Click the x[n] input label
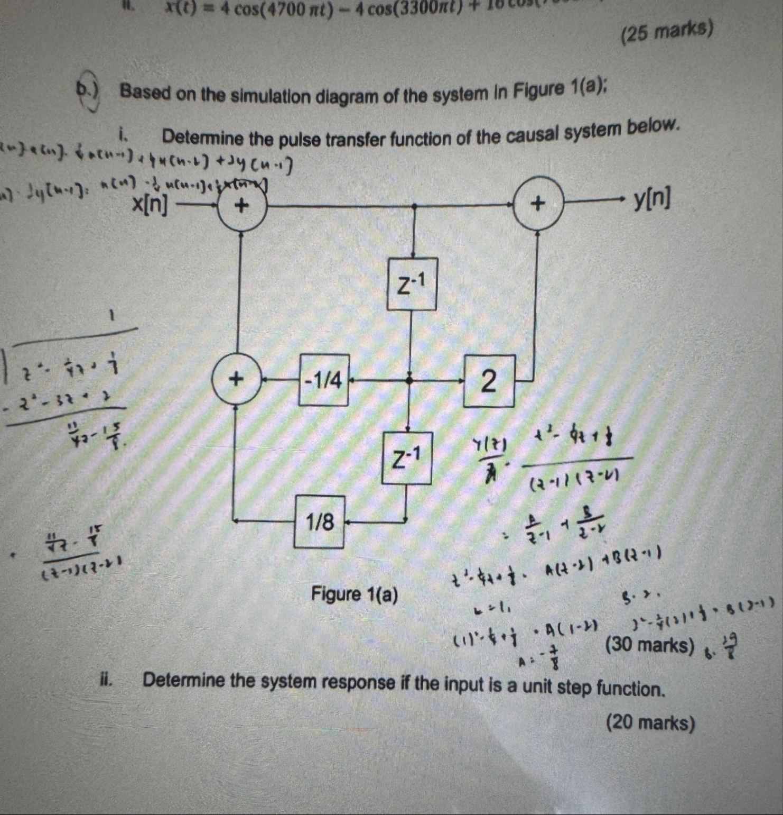point(150,204)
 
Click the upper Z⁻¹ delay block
point(412,284)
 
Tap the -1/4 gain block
point(324,380)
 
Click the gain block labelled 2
point(489,381)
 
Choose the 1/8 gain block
point(320,521)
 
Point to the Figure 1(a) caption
point(354,594)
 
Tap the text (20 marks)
point(651,723)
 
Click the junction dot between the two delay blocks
point(408,380)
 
